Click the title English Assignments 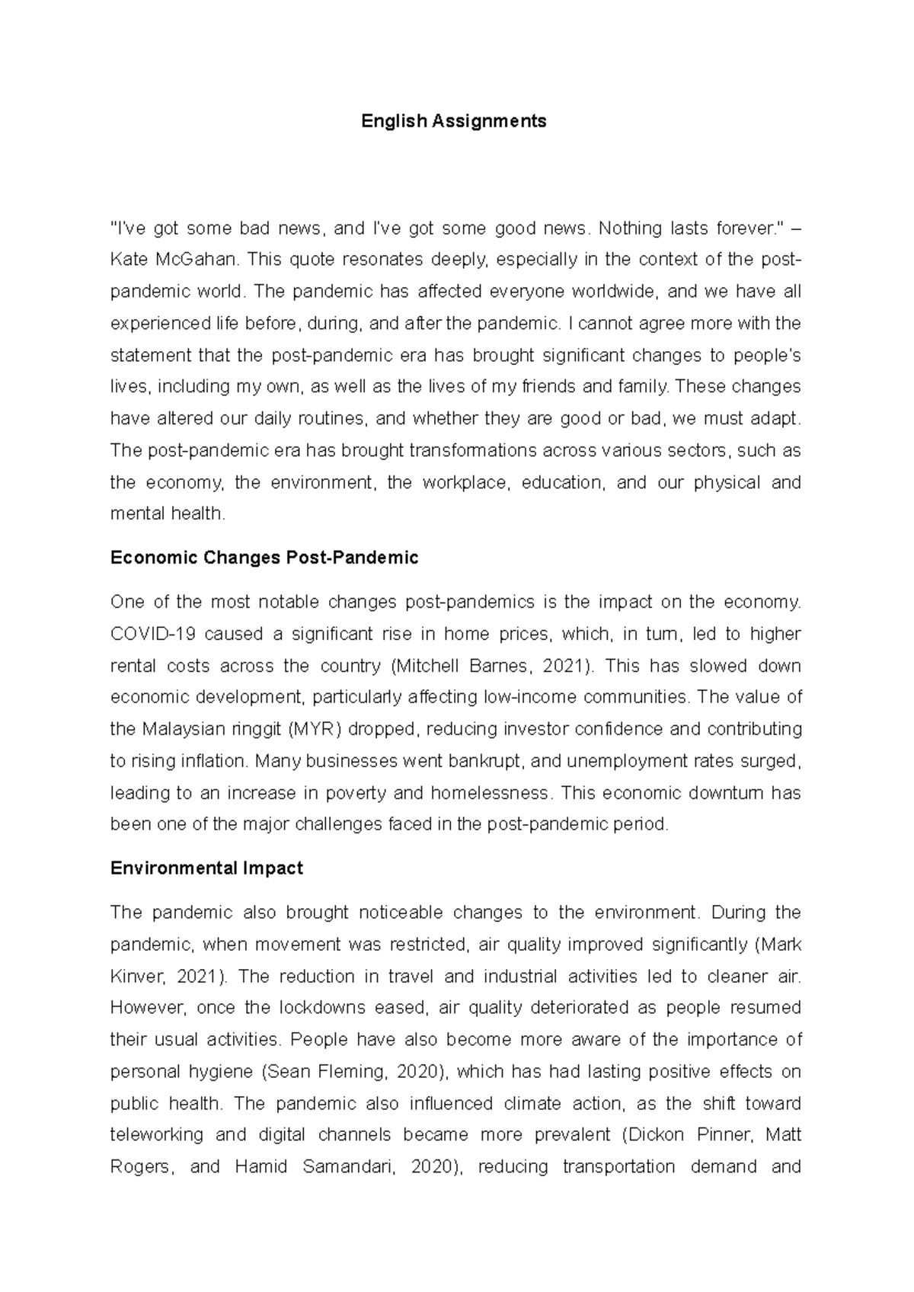coord(454,120)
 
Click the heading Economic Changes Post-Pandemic coord(264,558)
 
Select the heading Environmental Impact coord(206,868)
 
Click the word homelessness coord(490,792)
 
